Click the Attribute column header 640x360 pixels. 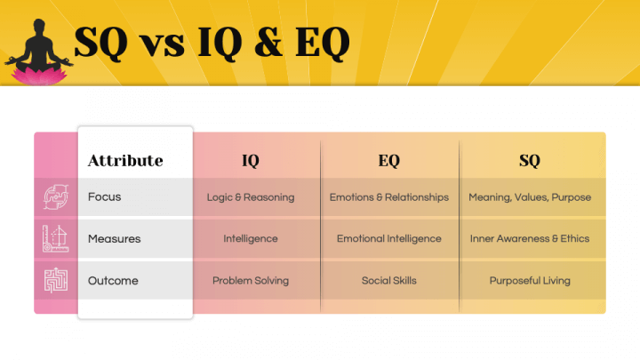(x=125, y=161)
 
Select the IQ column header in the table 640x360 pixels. (x=251, y=161)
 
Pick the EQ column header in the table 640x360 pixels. (x=388, y=161)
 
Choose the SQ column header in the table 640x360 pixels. (x=530, y=161)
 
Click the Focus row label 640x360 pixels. (x=104, y=196)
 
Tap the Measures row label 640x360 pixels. (x=114, y=238)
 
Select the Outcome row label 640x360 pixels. (x=113, y=280)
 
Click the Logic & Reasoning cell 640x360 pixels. (x=251, y=196)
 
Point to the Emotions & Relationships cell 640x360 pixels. (x=388, y=196)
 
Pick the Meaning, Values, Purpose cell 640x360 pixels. (x=530, y=196)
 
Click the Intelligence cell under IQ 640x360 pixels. (x=251, y=238)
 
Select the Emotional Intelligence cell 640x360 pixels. (x=388, y=238)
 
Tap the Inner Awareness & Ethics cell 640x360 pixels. (x=530, y=238)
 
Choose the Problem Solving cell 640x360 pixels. (x=251, y=280)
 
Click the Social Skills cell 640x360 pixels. (x=388, y=280)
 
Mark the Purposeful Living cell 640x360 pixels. (x=530, y=280)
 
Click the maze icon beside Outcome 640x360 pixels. (x=55, y=280)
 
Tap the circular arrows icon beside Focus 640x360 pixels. (x=55, y=196)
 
